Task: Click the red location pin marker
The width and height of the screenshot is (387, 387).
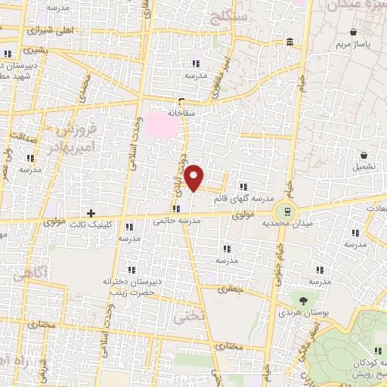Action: (195, 178)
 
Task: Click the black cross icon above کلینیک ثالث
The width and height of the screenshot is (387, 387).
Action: (91, 214)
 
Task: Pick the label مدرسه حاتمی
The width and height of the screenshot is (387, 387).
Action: (176, 221)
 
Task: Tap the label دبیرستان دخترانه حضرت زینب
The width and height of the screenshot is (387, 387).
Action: (129, 286)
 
